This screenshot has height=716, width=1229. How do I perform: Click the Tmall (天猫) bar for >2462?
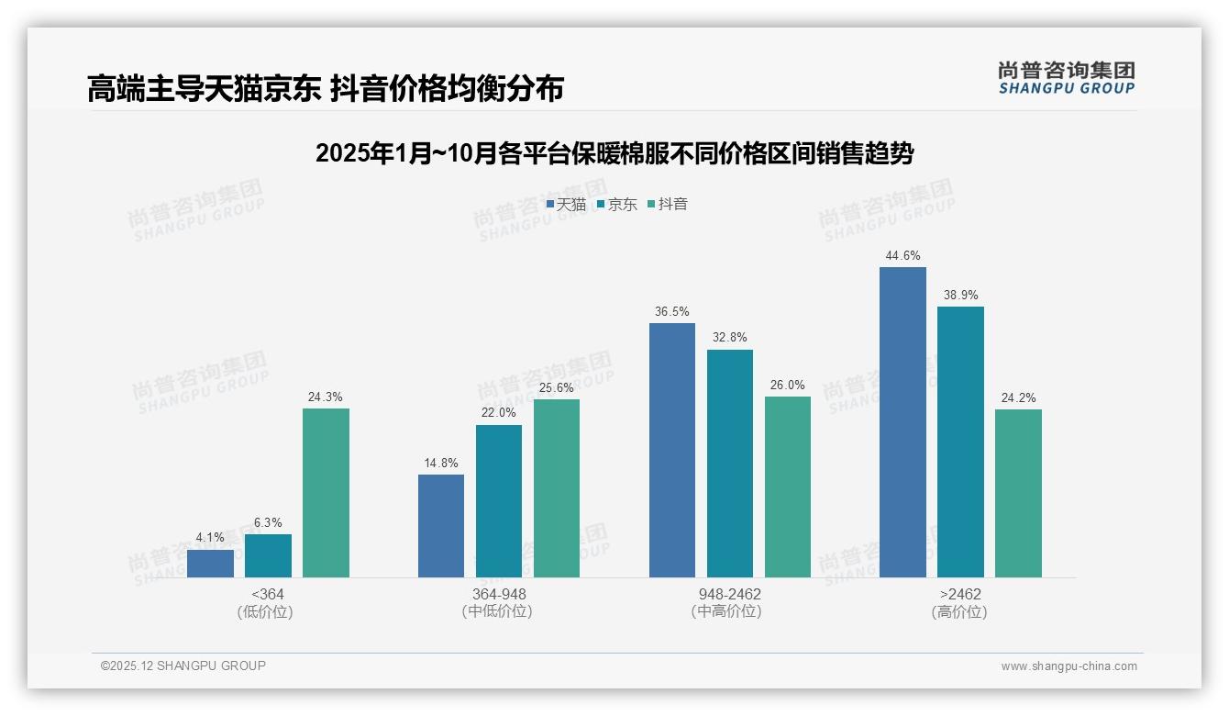(902, 422)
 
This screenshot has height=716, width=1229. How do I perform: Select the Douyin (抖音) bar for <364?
(326, 493)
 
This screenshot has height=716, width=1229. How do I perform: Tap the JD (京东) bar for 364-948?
(499, 501)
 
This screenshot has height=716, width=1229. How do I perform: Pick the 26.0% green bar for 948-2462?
(788, 487)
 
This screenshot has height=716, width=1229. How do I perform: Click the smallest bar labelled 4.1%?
(210, 564)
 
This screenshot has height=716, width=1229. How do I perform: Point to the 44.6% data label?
(902, 256)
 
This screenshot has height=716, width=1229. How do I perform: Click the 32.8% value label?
(730, 338)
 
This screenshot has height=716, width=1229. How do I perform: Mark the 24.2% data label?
(1018, 398)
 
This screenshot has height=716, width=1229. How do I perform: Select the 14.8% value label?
(441, 464)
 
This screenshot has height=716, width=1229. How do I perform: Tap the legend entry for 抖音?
(668, 205)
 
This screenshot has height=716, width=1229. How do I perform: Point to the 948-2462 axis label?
(730, 594)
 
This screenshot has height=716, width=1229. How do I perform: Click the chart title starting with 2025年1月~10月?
(614, 153)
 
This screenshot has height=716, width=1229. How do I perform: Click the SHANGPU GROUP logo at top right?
(1067, 78)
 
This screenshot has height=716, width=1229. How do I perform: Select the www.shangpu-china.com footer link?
(1068, 666)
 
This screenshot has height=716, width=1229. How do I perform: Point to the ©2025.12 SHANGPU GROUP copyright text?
(183, 666)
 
